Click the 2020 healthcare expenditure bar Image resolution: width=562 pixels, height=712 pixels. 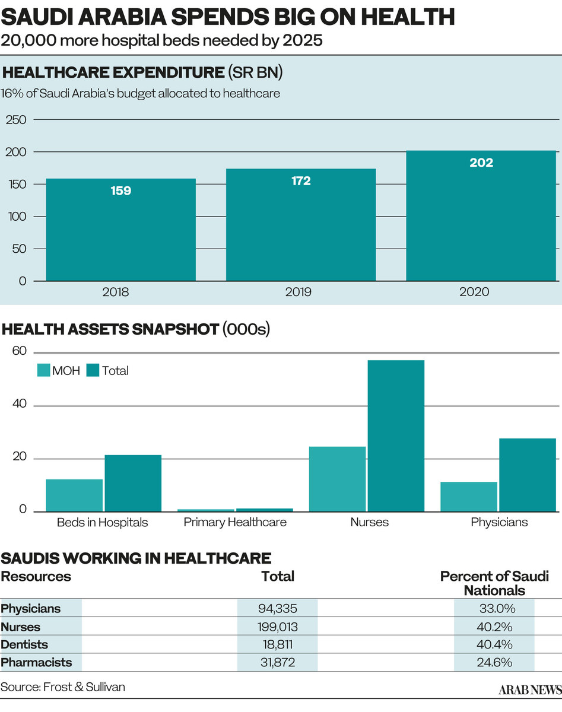click(x=481, y=217)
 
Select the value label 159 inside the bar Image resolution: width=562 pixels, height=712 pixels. click(x=120, y=191)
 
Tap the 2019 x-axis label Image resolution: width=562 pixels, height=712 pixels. click(x=300, y=293)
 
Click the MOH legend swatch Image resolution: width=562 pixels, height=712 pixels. click(x=44, y=371)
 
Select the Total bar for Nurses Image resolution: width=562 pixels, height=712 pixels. click(x=396, y=436)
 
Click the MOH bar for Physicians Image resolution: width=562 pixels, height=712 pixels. click(x=468, y=497)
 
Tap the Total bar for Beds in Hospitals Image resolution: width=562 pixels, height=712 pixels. click(x=133, y=483)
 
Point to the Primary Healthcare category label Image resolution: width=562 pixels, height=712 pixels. click(x=235, y=523)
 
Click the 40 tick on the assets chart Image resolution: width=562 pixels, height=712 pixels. click(x=20, y=405)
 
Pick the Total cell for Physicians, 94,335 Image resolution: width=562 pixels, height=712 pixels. click(x=277, y=608)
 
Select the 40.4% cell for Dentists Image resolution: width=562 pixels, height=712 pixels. click(x=494, y=644)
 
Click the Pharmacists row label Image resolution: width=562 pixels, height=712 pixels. click(x=37, y=662)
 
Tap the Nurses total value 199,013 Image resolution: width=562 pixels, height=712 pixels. click(x=277, y=627)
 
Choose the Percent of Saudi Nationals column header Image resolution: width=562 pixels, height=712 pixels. click(x=494, y=583)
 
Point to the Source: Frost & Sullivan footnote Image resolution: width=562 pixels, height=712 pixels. click(x=63, y=687)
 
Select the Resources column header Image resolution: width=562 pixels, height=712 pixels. click(x=36, y=576)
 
